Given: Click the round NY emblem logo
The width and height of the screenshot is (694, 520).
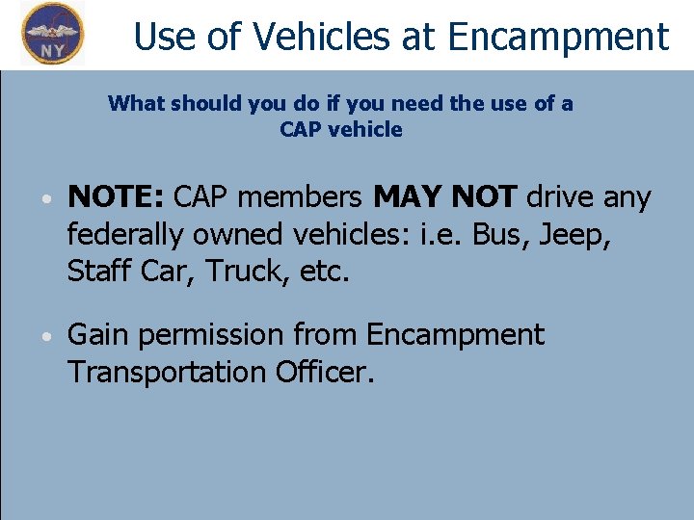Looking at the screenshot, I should tap(52, 33).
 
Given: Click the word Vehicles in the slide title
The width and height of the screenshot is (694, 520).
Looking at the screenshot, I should tap(289, 37).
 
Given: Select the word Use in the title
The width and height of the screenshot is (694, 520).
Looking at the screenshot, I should tap(164, 37).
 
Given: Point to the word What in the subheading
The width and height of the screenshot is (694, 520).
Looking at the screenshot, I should tap(135, 103).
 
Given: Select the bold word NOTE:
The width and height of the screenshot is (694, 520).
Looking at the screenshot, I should tap(116, 197).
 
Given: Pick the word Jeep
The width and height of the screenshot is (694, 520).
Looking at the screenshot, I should tap(575, 234).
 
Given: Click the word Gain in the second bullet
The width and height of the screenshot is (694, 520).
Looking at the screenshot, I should tap(99, 335).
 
